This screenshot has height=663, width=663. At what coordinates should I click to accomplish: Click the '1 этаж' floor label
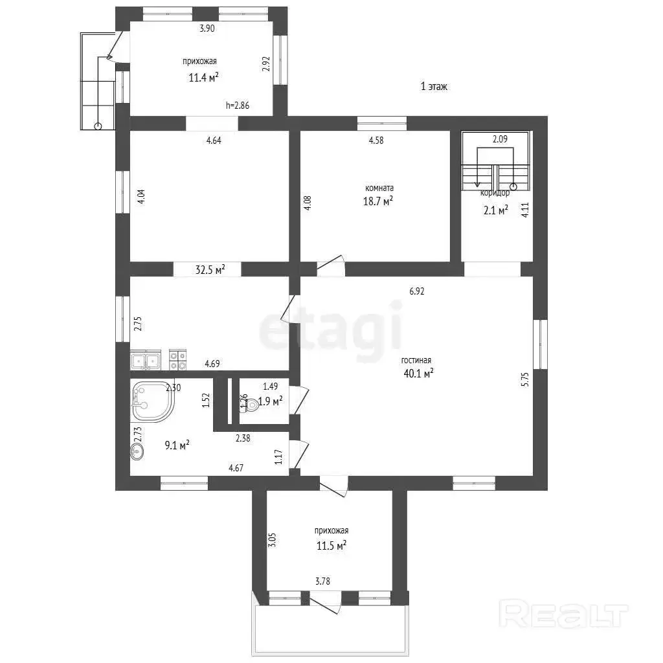coord(434,86)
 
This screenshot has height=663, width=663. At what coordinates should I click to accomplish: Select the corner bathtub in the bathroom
coord(152,401)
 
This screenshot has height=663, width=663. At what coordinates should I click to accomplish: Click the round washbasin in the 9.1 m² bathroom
coord(137,452)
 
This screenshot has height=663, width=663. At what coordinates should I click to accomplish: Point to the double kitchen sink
coord(146,360)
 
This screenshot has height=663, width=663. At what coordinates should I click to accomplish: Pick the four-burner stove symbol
coord(177,359)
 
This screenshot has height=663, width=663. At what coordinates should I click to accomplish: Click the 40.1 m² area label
coord(419,374)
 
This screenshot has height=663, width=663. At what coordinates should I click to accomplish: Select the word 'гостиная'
coord(416,360)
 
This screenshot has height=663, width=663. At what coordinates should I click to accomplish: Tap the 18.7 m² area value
coord(378,201)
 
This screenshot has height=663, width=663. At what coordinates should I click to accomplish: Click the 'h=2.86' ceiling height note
coord(237,106)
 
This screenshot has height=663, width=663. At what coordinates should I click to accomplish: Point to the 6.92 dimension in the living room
coord(416,291)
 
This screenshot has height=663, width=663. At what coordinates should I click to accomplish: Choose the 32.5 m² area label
coord(210,269)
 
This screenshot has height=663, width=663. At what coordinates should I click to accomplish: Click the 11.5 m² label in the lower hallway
coord(331,545)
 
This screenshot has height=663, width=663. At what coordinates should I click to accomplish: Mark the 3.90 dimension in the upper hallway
coord(207,28)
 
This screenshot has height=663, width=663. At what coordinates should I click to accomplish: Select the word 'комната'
coord(379,188)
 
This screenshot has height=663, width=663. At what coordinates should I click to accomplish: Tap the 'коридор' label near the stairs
coord(495,193)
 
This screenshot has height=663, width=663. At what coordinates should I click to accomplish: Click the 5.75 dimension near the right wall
coord(524,379)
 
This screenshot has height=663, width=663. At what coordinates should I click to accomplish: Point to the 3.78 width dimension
coord(322,581)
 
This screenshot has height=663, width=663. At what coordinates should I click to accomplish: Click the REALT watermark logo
coord(564,613)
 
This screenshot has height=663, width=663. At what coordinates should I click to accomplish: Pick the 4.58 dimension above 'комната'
coord(376,140)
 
